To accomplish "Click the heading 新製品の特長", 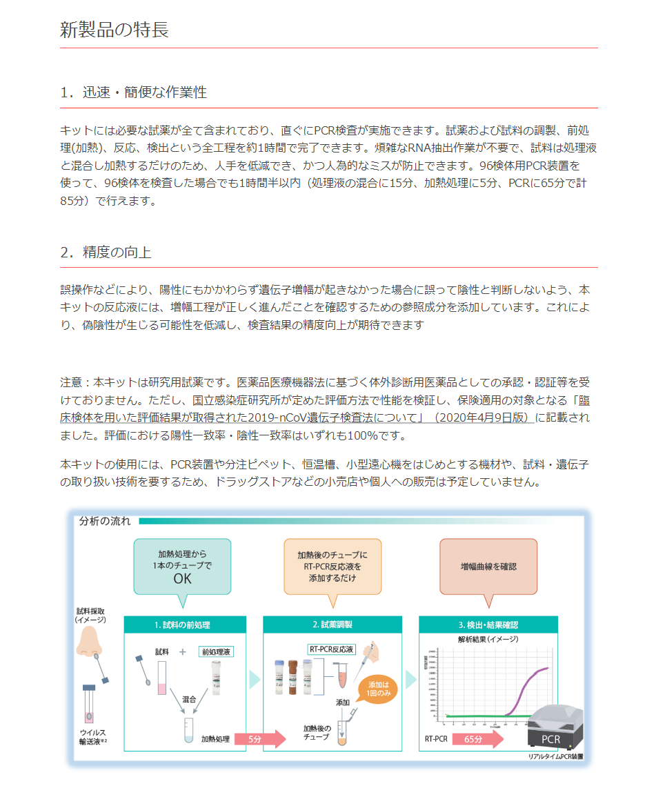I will [x=115, y=30].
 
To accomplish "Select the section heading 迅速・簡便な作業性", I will [x=134, y=92].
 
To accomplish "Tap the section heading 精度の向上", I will [x=106, y=252].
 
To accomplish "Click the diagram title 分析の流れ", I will [x=104, y=521].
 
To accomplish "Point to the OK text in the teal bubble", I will [x=182, y=578].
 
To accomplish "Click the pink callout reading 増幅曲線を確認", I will [x=488, y=566].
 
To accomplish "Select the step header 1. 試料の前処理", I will [x=184, y=624].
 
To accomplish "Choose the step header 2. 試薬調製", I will [x=332, y=624].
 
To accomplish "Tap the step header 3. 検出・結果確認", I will [x=488, y=624].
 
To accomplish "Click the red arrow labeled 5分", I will [x=259, y=738].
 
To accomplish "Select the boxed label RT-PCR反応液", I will [x=331, y=649].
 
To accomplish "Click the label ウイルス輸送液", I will [x=93, y=737].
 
